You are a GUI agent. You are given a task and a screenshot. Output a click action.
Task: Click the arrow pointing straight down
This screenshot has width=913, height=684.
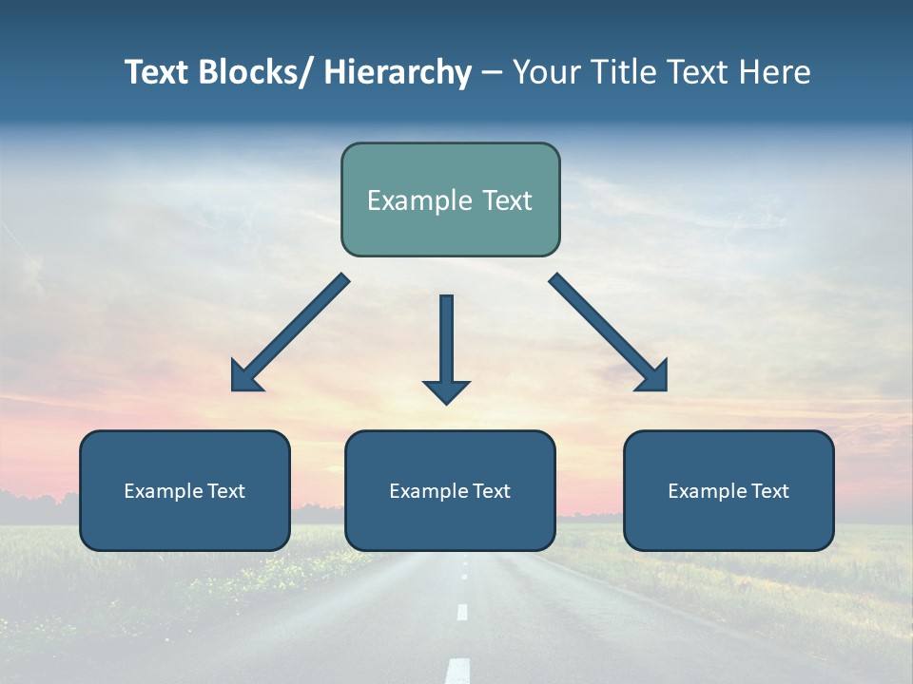(446, 342)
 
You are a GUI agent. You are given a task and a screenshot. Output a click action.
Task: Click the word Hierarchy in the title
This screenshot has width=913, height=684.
(398, 72)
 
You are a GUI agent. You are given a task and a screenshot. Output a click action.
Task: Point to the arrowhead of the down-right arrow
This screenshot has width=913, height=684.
(654, 377)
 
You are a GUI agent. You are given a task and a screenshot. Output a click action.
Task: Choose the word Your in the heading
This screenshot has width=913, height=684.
(545, 72)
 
